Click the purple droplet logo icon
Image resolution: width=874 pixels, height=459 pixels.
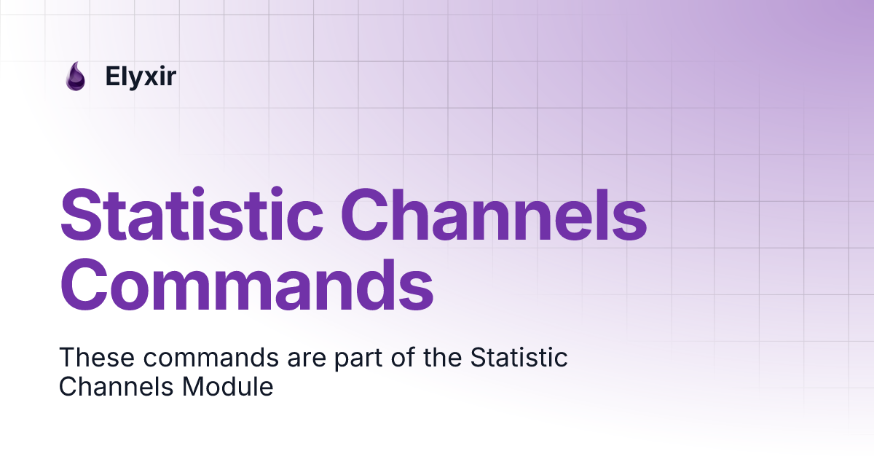(75, 76)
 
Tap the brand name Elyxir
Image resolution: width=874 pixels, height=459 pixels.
(141, 76)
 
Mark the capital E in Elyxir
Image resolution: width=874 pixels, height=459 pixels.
(111, 76)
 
